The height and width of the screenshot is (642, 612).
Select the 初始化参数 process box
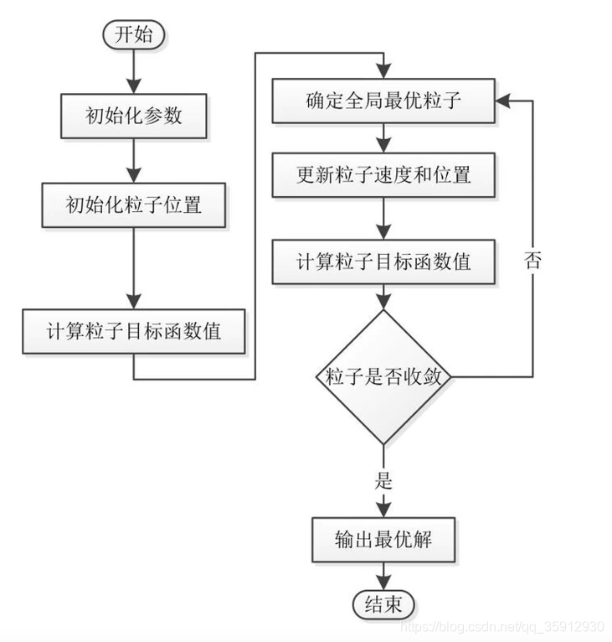click(x=134, y=116)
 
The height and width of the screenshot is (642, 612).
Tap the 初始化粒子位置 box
click(x=134, y=204)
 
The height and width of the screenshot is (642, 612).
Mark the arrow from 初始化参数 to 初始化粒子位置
click(x=134, y=158)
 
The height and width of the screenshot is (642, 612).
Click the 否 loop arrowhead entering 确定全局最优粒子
click(x=502, y=100)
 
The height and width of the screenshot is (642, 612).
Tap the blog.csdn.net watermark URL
click(x=502, y=627)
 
